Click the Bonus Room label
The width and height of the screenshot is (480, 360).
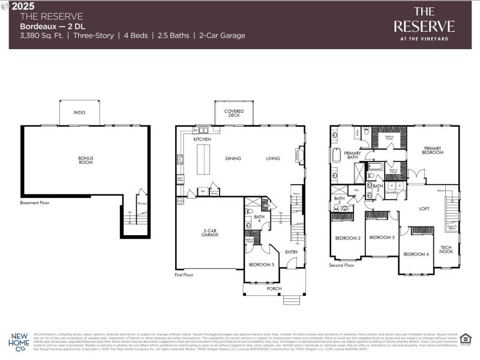click(x=86, y=160)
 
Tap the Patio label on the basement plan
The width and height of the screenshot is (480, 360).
click(x=79, y=112)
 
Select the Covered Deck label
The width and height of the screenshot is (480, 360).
click(x=233, y=113)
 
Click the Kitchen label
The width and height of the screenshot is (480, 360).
click(x=202, y=139)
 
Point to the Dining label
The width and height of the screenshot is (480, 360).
click(x=233, y=158)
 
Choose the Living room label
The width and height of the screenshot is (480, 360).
click(x=273, y=158)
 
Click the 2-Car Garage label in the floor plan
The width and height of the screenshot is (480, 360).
click(x=209, y=232)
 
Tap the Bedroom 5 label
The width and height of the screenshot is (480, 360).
click(x=262, y=265)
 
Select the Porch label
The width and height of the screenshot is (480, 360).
click(x=274, y=289)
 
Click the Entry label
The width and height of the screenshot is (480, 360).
click(x=292, y=252)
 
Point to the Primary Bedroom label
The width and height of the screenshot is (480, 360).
click(x=433, y=150)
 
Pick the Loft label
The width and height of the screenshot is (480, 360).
click(x=424, y=209)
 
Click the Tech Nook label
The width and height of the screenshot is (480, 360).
click(x=446, y=250)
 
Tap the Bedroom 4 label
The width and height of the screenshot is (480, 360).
click(x=416, y=254)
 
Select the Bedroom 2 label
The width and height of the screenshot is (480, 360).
click(x=347, y=238)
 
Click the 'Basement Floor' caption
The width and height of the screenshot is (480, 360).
click(x=35, y=203)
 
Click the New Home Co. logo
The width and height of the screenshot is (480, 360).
click(x=19, y=341)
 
